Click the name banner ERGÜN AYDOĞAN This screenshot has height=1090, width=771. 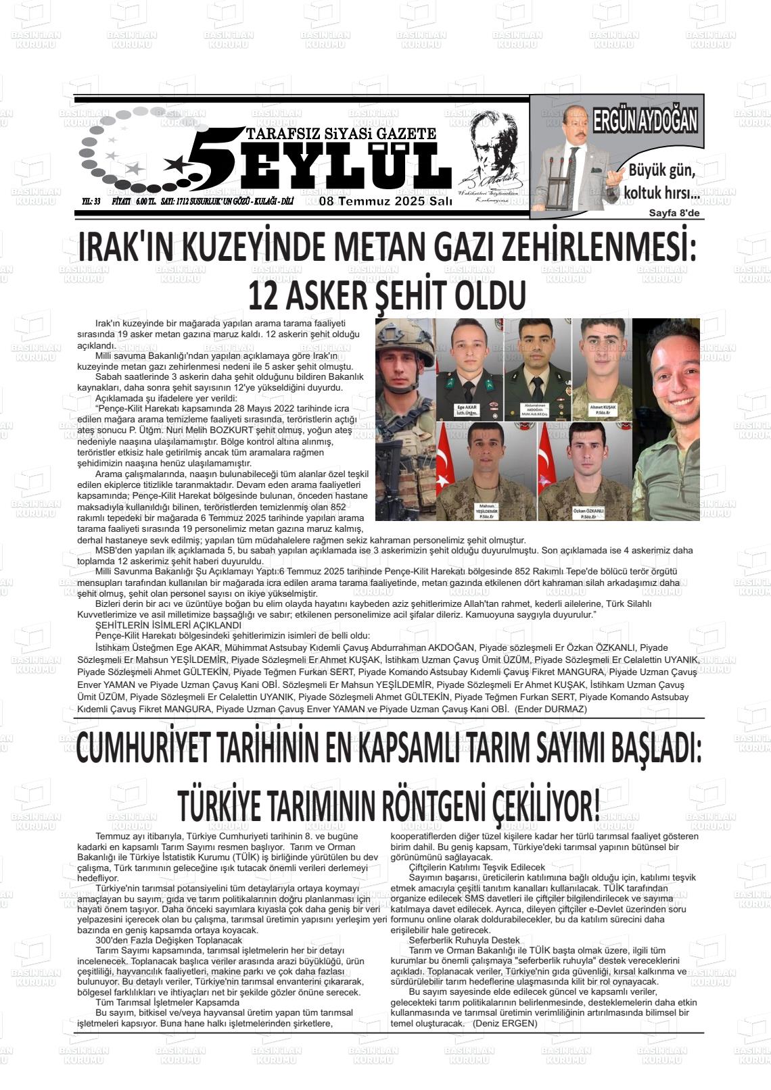coord(645,122)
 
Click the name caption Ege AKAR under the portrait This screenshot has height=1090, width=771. coord(468,410)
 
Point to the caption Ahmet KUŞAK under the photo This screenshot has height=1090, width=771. coord(602,410)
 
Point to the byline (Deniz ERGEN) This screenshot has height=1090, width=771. coord(504,1023)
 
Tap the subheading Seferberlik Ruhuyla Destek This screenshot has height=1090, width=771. coord(464,940)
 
